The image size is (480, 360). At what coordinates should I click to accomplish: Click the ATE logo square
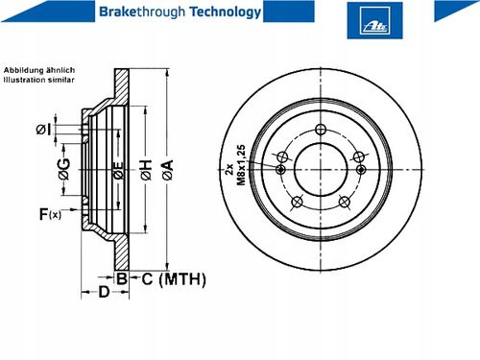[x=374, y=20]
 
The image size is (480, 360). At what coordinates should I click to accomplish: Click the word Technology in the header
[x=226, y=12]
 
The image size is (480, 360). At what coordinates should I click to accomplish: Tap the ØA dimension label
[x=168, y=170]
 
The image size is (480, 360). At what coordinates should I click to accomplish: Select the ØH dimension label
[x=146, y=170]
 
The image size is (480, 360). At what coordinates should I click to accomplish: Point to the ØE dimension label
[x=119, y=170]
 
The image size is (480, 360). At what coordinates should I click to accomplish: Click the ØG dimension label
[x=63, y=169]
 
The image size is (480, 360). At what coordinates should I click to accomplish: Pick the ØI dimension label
[x=43, y=130]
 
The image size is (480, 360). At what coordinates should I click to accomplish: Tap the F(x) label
[x=50, y=214]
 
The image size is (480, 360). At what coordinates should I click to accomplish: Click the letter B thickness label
[x=122, y=278]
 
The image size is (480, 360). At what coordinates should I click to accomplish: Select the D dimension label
[x=104, y=292]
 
